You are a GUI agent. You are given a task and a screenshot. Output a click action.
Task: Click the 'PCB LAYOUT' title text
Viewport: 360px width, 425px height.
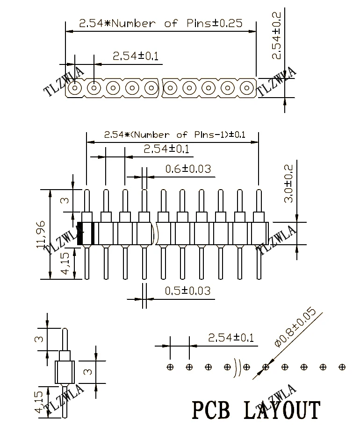point(257,410)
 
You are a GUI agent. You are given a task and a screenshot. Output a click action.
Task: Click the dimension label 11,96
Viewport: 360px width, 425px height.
point(41,235)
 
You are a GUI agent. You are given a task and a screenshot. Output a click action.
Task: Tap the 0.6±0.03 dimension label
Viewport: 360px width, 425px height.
point(188,169)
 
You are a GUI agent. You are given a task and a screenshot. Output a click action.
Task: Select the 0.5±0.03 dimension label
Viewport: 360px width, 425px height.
point(187,290)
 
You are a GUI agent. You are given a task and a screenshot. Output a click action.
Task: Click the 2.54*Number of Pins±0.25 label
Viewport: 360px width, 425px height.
point(161,23)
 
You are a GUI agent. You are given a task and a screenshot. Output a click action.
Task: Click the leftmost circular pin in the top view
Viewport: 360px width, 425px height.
point(75,87)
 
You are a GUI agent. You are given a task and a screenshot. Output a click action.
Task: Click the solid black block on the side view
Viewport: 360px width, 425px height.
point(80,234)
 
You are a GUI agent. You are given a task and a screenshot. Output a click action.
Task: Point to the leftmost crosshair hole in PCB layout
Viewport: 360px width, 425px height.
point(170,367)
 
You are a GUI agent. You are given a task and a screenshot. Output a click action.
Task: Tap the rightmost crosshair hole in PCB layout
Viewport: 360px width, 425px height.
point(342,367)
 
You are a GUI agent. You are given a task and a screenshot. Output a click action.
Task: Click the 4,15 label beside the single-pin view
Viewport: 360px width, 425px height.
point(40,401)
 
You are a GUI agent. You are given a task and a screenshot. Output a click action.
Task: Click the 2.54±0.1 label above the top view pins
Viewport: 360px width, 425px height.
point(136,57)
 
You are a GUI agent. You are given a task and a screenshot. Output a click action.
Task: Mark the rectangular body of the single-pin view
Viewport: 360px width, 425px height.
point(65,372)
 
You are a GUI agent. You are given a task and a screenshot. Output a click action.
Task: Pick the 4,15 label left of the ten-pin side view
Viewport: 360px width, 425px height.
point(65,263)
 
